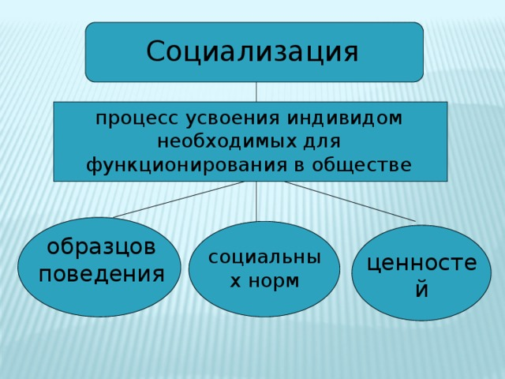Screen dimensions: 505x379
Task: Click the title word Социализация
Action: [252, 51]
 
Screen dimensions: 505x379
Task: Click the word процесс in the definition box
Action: [137, 119]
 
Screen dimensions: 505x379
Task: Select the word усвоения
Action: [233, 119]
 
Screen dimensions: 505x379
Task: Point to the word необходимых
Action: [226, 141]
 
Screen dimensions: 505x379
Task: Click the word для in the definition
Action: [322, 142]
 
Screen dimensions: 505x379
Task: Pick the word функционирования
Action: [186, 165]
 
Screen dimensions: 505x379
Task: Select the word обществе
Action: [361, 165]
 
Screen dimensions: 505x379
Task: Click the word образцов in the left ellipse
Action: [102, 247]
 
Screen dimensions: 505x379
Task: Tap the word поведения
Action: [102, 275]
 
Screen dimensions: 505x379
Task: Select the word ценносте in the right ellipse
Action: [422, 263]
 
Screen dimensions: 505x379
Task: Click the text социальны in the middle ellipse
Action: [265, 257]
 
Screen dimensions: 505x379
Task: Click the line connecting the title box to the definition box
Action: [256, 92]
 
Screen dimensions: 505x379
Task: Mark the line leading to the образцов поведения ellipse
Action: [179, 200]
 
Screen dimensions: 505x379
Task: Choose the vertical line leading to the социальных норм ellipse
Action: [256, 201]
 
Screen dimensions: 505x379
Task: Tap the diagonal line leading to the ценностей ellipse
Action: [350, 201]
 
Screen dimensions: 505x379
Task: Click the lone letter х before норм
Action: [235, 282]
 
